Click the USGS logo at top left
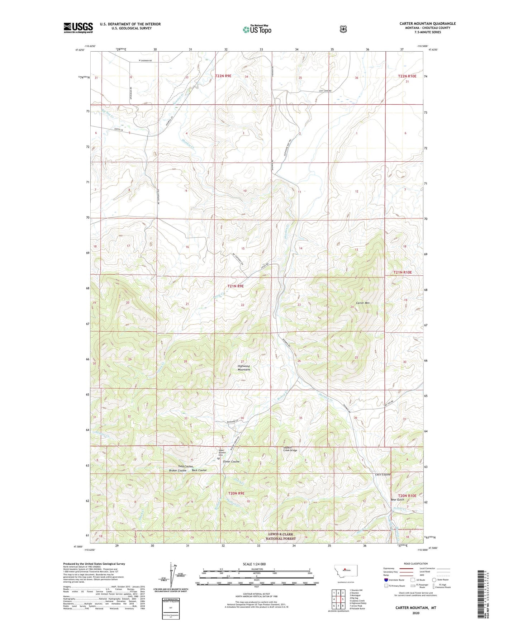pyautogui.click(x=78, y=27)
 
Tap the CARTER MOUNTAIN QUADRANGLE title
pyautogui.click(x=428, y=24)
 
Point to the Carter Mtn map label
pyautogui.click(x=362, y=303)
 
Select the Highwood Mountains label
pyautogui.click(x=244, y=368)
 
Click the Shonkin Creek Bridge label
pyautogui.click(x=290, y=449)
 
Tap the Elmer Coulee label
pyautogui.click(x=231, y=462)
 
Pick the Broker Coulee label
pyautogui.click(x=177, y=470)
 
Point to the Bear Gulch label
pyautogui.click(x=397, y=500)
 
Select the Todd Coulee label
pyautogui.click(x=185, y=466)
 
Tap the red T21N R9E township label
pyautogui.click(x=236, y=286)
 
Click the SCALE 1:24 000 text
pyautogui.click(x=254, y=564)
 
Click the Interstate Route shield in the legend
pyautogui.click(x=386, y=580)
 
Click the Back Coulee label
pyautogui.click(x=199, y=470)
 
